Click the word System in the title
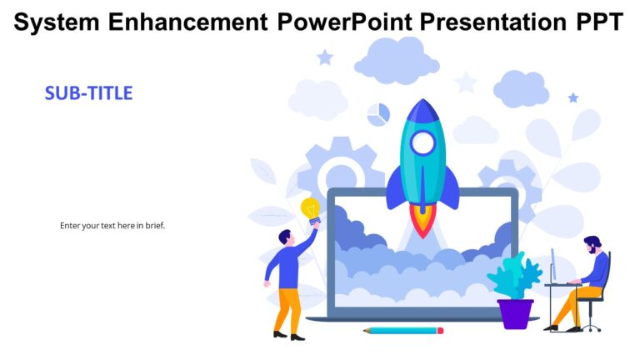[54, 22]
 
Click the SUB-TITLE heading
[88, 93]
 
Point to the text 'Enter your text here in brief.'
[112, 225]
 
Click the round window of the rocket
[422, 143]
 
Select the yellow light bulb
[311, 207]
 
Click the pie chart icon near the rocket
[377, 114]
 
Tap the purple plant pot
[515, 313]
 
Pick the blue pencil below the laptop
[403, 331]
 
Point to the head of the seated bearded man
[591, 245]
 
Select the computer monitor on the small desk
[552, 265]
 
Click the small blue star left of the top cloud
[325, 57]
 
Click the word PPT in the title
[596, 22]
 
